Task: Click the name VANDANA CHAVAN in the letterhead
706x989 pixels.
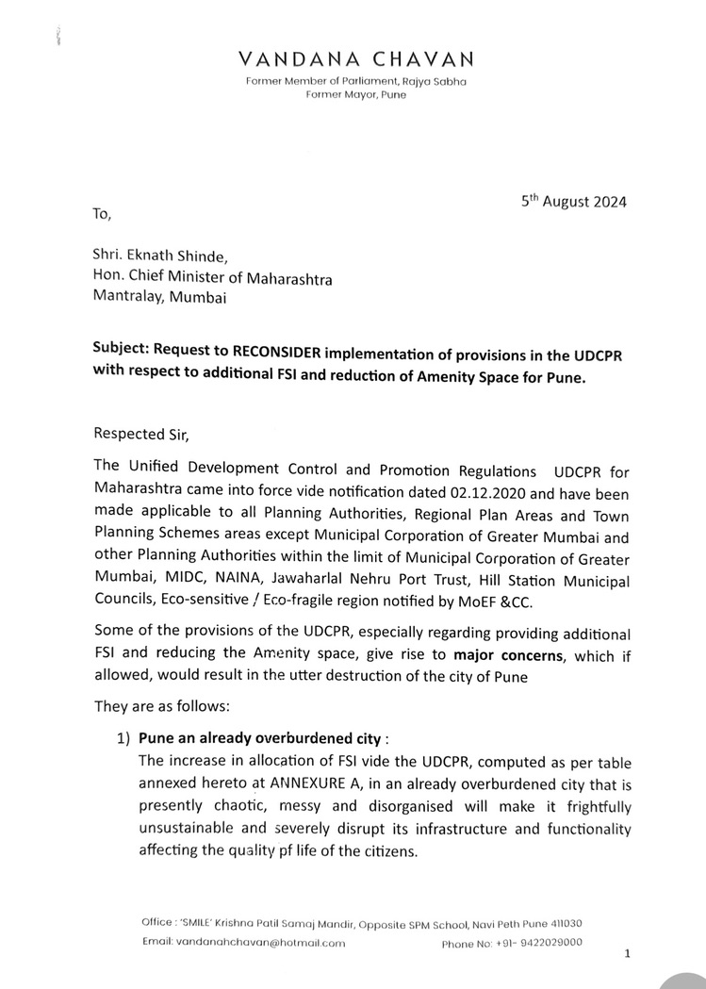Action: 355,60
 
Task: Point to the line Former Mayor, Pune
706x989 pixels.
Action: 355,96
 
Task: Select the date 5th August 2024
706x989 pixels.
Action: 573,201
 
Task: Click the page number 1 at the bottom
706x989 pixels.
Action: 627,954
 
